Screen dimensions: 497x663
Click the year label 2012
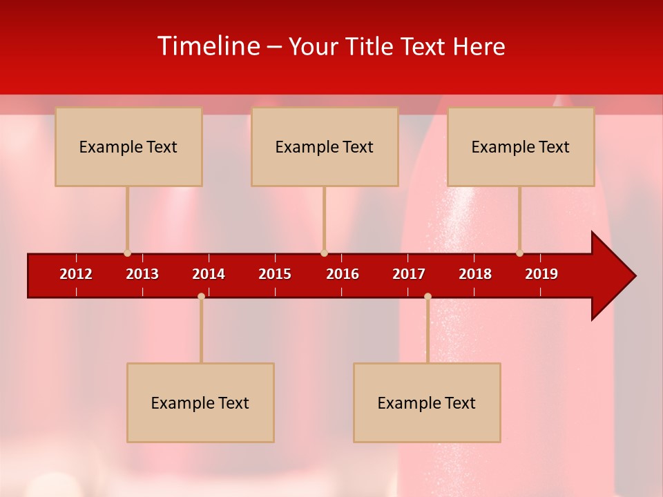pos(76,274)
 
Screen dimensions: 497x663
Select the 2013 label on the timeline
pos(142,274)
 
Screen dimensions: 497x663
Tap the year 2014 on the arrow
pos(209,274)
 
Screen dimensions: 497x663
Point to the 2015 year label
pos(275,274)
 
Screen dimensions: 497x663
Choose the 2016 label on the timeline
pos(343,274)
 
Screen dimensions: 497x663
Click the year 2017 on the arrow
pos(409,274)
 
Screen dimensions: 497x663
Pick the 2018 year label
pos(475,274)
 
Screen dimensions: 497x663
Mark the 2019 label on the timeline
pos(541,274)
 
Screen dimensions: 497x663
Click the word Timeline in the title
pos(208,46)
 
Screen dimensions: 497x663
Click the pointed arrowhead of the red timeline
pos(614,276)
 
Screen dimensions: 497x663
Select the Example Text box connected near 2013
pos(128,146)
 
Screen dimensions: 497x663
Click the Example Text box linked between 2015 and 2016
pos(325,146)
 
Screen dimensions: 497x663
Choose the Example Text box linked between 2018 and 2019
pos(521,146)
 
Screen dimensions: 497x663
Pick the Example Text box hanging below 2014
pos(200,402)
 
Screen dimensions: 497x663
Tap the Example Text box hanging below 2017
pos(427,402)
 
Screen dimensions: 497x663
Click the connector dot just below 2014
pos(201,296)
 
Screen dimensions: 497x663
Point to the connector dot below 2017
pos(427,296)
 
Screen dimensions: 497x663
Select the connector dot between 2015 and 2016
pos(324,253)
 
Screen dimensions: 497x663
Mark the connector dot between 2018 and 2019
pos(519,253)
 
